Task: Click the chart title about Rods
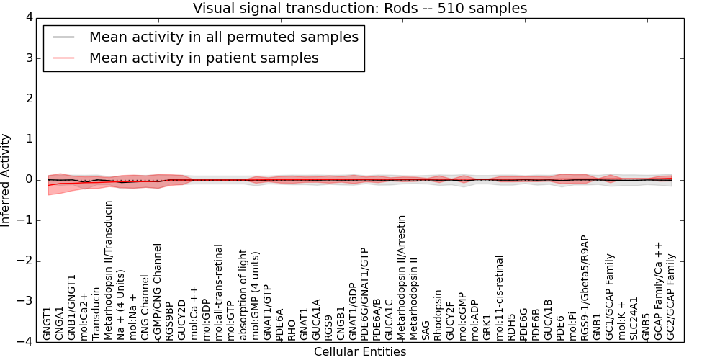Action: pos(360,8)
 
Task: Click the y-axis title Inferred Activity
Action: pos(6,180)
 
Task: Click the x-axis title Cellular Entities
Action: pos(360,352)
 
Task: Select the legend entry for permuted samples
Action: pos(223,37)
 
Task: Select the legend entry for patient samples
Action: pos(204,58)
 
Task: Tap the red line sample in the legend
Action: pos(63,58)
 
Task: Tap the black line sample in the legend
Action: pos(63,37)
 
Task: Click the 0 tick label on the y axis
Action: pos(28,180)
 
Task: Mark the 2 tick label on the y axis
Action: pos(28,99)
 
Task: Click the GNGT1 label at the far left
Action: pos(48,323)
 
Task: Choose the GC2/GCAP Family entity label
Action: pos(671,297)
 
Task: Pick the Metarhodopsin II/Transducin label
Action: pos(109,270)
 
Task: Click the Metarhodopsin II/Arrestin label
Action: pos(402,277)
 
